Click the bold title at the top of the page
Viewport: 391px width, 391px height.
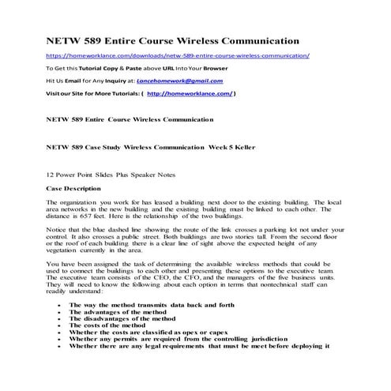pyautogui.click(x=171, y=39)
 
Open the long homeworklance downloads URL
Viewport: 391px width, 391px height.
pyautogui.click(x=179, y=57)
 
